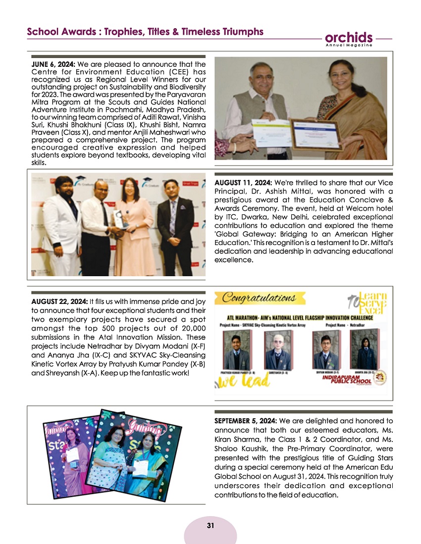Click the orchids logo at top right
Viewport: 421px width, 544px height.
349,38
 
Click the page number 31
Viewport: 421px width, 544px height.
210,525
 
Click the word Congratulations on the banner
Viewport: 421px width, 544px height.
259,297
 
